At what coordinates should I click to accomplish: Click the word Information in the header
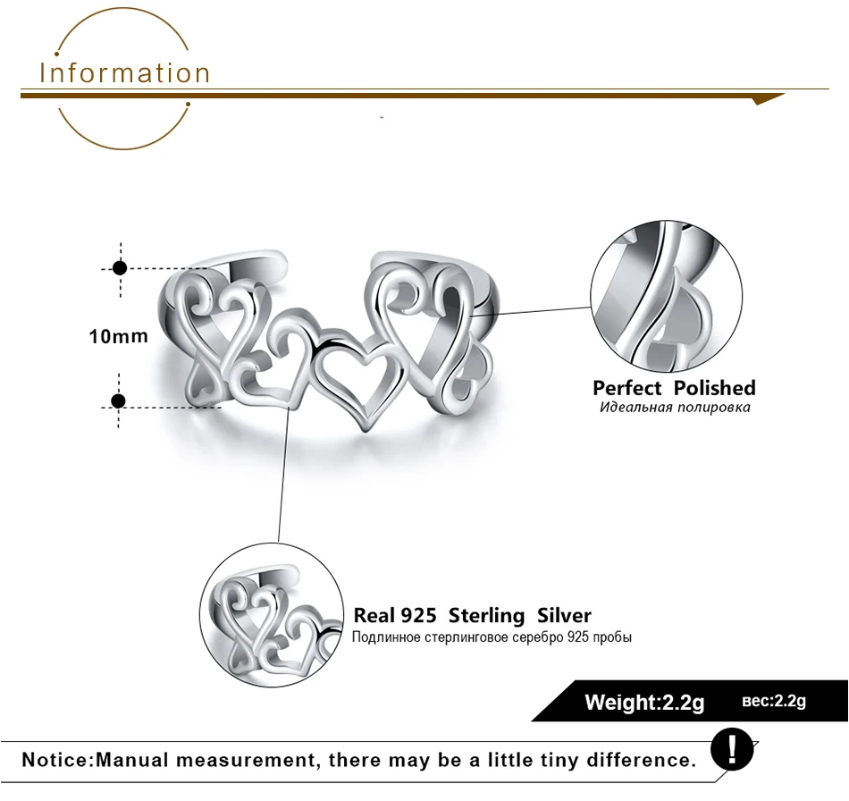coord(124,73)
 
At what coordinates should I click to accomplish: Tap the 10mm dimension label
coord(119,336)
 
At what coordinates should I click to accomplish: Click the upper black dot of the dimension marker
coord(121,267)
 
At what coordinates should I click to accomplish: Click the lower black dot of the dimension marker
coord(119,400)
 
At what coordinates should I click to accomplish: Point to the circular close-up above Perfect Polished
coord(667,296)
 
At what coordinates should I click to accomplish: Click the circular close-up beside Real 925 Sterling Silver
coord(272,615)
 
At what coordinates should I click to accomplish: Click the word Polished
coord(715,388)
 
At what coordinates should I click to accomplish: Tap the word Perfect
coord(627,388)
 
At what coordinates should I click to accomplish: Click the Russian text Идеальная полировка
coord(675,408)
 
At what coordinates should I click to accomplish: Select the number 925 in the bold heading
coord(418,615)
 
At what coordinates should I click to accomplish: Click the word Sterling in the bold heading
coord(487,616)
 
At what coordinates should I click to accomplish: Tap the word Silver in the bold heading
coord(564,615)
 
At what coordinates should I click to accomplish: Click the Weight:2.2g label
coord(644,703)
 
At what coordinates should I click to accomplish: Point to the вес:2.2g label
coord(774,701)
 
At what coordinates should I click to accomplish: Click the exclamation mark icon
coord(732,749)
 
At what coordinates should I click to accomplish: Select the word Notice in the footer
coord(55,759)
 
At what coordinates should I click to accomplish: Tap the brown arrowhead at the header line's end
coord(768,99)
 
